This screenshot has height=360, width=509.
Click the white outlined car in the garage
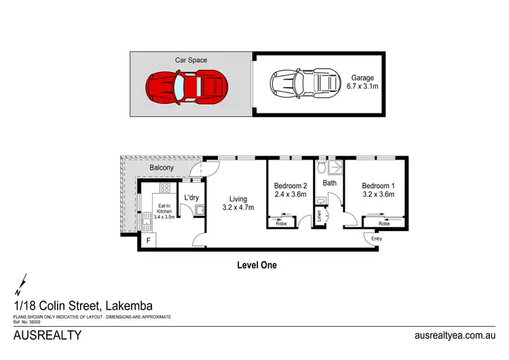[305, 86]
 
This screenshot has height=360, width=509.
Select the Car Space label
[191, 60]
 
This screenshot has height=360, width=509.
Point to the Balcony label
[162, 167]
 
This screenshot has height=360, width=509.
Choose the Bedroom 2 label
[291, 190]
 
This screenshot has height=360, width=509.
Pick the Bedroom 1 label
[378, 190]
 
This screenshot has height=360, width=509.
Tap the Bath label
[330, 183]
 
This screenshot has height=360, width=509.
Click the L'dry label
[191, 198]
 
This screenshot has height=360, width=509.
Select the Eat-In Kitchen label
[165, 211]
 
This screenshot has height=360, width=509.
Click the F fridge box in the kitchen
[148, 240]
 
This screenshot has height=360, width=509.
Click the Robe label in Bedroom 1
[384, 223]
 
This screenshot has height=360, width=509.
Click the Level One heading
[256, 265]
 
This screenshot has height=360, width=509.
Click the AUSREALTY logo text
[48, 335]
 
